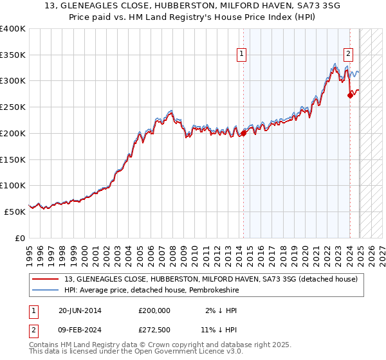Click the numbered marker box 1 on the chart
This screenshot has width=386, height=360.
pyautogui.click(x=241, y=55)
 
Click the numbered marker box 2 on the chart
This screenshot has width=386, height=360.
pyautogui.click(x=348, y=55)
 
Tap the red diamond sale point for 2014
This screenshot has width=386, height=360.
pyautogui.click(x=244, y=134)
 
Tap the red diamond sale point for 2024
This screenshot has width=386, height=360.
pyautogui.click(x=350, y=95)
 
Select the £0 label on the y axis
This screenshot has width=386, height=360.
pyautogui.click(x=20, y=238)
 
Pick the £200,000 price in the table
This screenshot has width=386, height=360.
pyautogui.click(x=154, y=310)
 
